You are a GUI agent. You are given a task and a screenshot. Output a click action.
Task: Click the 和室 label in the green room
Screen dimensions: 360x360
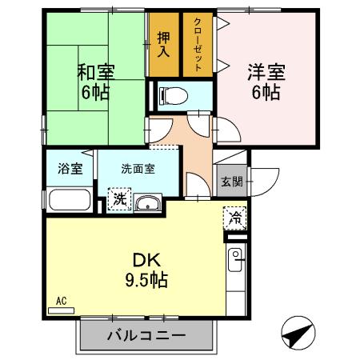click(96, 70)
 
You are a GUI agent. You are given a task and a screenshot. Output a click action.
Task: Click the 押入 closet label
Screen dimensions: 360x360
click(164, 45)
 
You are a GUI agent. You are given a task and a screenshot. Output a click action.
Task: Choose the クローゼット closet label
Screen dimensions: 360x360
click(198, 45)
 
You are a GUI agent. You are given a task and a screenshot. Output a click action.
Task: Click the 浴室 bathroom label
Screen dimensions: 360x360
click(70, 169)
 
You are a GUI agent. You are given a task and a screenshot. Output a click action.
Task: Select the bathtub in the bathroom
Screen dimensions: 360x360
click(70, 199)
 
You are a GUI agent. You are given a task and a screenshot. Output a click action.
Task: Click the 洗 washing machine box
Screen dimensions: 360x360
click(118, 198)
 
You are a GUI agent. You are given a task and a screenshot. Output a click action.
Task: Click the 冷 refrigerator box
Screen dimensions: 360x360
click(236, 216)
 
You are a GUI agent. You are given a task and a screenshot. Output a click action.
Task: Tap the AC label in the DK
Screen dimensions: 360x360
click(61, 301)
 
